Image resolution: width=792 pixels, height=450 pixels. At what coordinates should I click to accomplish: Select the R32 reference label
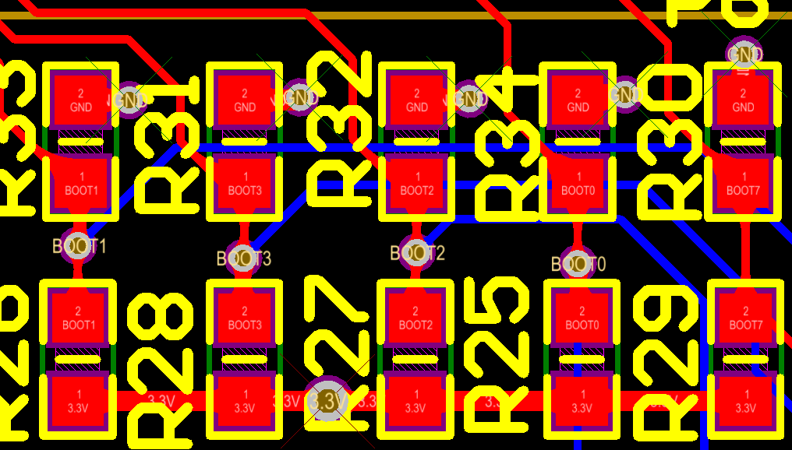tap(339, 128)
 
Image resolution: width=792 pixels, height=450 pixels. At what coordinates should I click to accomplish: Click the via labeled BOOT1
tap(78, 246)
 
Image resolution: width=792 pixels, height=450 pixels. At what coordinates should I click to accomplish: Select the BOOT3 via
tap(244, 258)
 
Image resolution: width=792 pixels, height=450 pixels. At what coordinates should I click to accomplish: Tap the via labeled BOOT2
tap(415, 253)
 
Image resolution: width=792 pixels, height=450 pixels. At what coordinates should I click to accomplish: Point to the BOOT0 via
tap(578, 265)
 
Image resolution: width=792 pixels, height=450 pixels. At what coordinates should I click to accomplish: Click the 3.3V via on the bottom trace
tap(327, 401)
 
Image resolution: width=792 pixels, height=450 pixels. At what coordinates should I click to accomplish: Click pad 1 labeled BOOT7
tap(743, 185)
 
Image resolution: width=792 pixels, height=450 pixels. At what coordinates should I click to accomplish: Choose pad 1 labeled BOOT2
tap(416, 185)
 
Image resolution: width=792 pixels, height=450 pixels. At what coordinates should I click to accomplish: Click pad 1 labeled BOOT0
tap(578, 185)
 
